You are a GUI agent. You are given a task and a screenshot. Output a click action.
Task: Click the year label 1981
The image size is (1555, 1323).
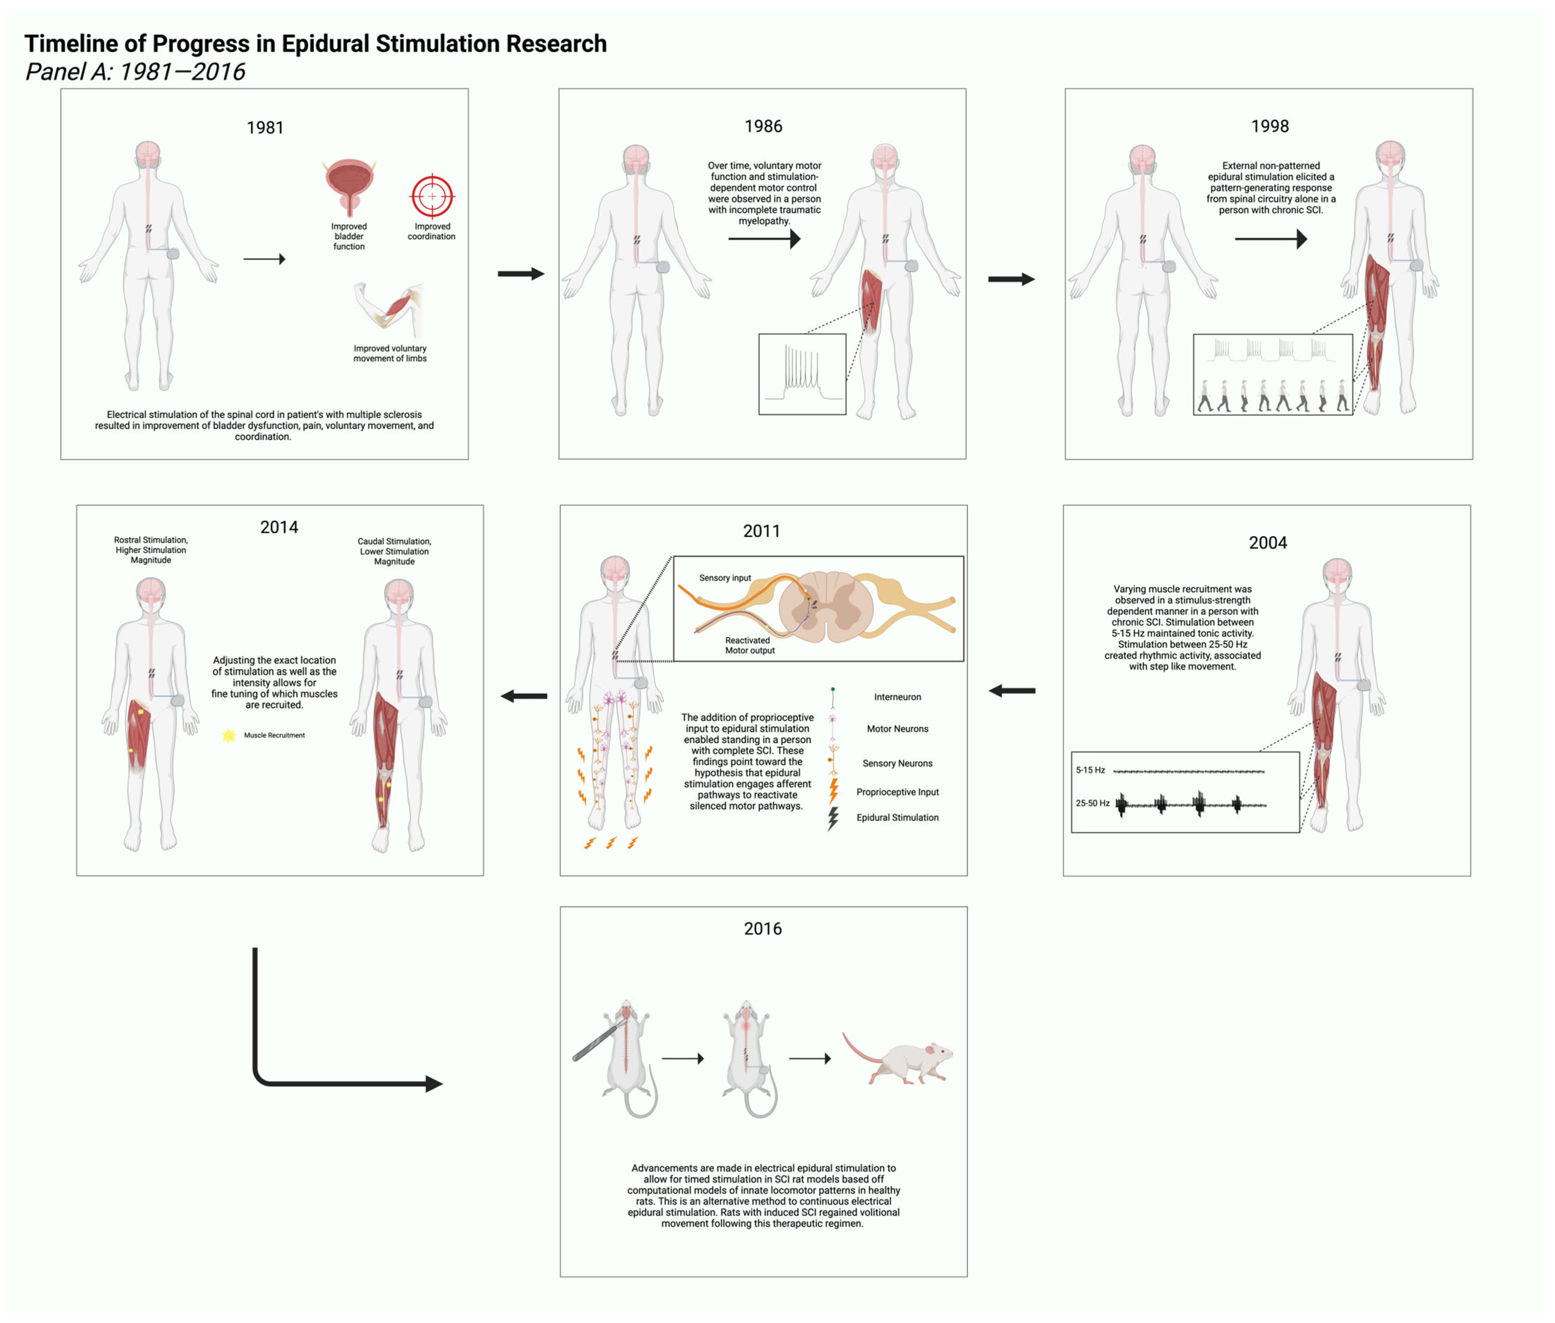[x=265, y=127]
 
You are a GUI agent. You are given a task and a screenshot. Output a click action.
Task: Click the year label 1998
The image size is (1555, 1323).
[x=1269, y=126]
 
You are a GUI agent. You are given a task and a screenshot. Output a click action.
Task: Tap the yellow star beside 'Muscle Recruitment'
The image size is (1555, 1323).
[x=228, y=735]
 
